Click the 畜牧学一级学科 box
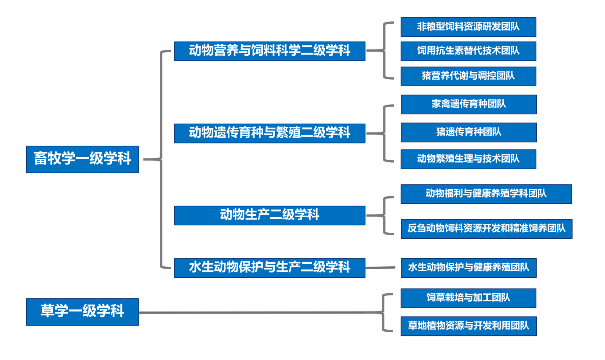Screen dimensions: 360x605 (82, 159)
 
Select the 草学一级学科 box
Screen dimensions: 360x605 (82, 312)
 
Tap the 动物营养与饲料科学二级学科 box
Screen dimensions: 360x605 (270, 51)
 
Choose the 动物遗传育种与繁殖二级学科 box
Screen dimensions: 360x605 (270, 133)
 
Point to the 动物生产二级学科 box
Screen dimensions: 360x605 (270, 215)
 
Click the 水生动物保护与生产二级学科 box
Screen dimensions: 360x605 (270, 268)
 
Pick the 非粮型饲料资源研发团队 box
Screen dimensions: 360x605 (468, 27)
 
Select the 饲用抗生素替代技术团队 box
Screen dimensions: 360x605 (468, 51)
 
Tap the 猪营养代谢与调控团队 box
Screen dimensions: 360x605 (468, 76)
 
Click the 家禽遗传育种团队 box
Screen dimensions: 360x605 (469, 104)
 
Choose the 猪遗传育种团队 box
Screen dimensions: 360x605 (469, 132)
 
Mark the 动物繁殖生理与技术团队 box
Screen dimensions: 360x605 (468, 159)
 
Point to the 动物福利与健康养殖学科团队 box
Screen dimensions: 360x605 (486, 194)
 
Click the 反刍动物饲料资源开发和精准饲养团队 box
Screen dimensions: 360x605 (486, 229)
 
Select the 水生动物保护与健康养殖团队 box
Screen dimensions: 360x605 (469, 268)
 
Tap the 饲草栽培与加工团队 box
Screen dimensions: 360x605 (468, 298)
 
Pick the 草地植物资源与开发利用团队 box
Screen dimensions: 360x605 (469, 326)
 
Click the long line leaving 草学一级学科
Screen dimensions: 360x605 (258, 312)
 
